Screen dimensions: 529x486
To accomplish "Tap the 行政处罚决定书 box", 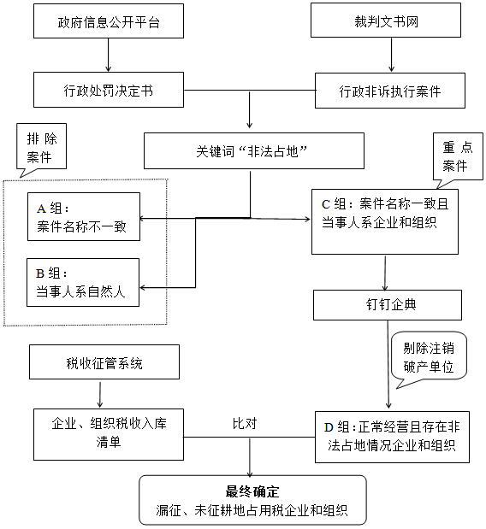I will [109, 90].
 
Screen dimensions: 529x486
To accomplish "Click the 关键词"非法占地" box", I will [251, 151].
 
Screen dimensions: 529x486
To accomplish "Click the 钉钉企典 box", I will [388, 304].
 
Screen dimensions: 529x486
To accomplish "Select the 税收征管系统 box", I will [104, 362].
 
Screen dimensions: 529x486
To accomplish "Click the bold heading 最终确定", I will [253, 491].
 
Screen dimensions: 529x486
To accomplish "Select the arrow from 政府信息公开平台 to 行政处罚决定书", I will [109, 56].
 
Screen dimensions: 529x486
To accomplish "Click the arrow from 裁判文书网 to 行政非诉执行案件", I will [392, 56].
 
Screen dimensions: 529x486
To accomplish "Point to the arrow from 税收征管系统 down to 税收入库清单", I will [103, 394].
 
